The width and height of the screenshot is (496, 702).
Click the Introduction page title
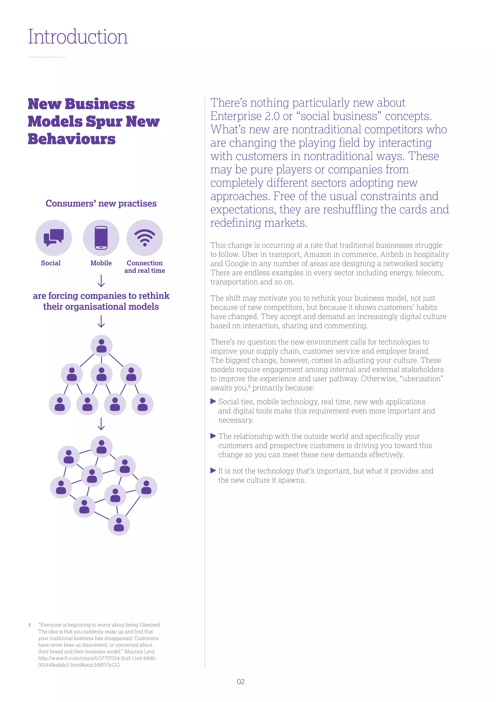coord(78,37)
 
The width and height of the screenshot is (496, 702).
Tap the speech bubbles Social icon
coord(54,238)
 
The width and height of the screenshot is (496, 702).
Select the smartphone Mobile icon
coord(101,238)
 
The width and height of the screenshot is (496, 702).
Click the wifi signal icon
coord(145,238)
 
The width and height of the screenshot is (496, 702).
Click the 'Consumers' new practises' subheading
coord(101,203)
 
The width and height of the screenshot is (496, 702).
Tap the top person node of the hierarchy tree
coord(101,346)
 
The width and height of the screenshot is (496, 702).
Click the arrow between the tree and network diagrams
coord(101,424)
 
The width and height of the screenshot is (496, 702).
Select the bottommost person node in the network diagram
coord(119,524)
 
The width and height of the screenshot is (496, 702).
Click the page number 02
coord(241,681)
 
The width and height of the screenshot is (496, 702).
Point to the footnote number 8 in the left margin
coord(30,625)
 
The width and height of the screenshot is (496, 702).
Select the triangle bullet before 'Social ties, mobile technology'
coord(213,401)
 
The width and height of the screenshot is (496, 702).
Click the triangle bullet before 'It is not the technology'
coord(213,471)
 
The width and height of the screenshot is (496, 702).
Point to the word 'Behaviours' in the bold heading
coord(72,139)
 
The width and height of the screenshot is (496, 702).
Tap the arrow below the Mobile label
coord(101,281)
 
